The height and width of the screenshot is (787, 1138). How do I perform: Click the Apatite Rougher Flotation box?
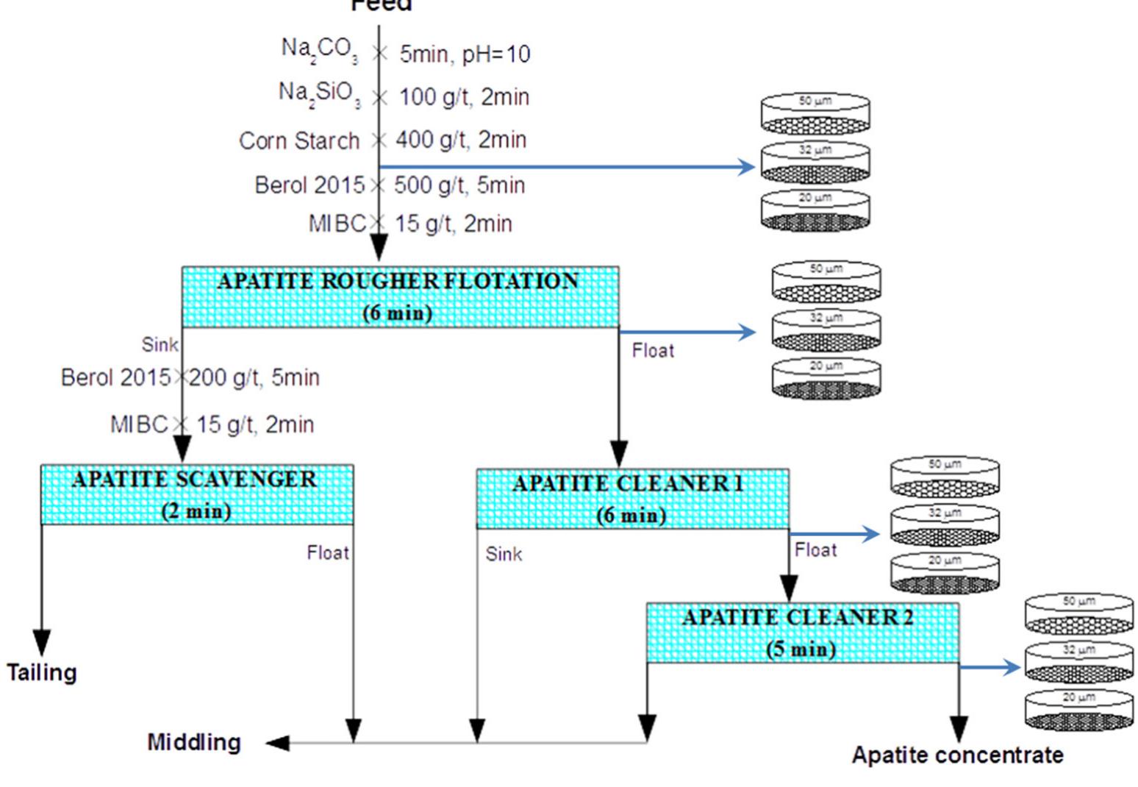400,296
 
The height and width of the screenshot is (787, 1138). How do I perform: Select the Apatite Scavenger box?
196,494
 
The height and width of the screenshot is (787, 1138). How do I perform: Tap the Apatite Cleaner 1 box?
632,499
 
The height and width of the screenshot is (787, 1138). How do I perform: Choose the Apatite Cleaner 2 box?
802,633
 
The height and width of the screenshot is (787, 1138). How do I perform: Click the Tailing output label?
42,672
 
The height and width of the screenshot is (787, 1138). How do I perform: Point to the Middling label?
194,742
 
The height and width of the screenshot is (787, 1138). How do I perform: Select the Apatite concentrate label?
957,755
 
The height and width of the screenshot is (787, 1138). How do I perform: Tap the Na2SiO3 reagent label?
319,94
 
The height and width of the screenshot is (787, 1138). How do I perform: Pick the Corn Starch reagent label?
299,140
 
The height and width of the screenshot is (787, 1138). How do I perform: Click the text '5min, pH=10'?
465,54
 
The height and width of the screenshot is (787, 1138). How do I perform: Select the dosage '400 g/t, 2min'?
461,140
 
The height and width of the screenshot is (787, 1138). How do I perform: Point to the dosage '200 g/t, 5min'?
254,378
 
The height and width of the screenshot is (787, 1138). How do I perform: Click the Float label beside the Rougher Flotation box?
653,351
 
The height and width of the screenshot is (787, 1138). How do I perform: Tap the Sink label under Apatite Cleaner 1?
504,554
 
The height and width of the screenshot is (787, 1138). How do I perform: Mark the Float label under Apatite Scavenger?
328,552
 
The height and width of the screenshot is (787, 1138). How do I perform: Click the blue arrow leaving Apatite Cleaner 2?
991,667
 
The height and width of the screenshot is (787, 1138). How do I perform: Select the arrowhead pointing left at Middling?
277,743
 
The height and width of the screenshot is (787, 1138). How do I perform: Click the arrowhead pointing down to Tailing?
42,641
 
